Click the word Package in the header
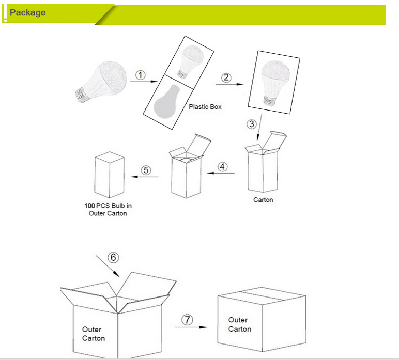[27, 12]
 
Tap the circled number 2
[226, 77]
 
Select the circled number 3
[252, 124]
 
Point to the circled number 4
[222, 167]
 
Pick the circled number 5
[146, 170]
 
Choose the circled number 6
[112, 257]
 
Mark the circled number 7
[188, 320]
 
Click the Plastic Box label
[205, 107]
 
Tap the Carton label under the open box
[263, 200]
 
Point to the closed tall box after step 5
[110, 175]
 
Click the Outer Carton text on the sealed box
[240, 324]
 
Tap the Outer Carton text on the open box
[93, 334]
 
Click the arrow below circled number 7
[190, 327]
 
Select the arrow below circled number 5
[144, 177]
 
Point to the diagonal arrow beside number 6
[108, 266]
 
